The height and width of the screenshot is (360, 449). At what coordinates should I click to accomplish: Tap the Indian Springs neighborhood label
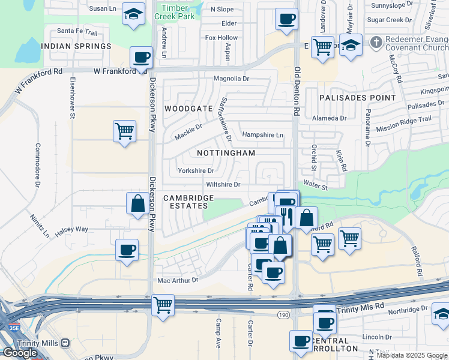[x=76, y=46]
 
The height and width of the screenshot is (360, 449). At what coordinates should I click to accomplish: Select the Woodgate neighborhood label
[x=188, y=109]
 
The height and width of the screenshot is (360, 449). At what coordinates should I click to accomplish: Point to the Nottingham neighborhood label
[x=226, y=153]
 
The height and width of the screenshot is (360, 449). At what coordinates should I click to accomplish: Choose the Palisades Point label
[x=357, y=97]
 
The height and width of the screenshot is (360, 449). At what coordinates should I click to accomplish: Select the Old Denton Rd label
[x=297, y=91]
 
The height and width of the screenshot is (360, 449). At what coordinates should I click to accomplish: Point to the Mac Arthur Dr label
[x=177, y=280]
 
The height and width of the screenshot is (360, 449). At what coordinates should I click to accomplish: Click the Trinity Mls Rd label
[x=360, y=310]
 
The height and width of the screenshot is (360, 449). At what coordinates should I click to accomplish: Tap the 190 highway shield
[x=284, y=315]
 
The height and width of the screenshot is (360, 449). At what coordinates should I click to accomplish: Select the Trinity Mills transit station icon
[x=65, y=343]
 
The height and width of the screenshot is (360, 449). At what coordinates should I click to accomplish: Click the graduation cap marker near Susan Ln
[x=133, y=13]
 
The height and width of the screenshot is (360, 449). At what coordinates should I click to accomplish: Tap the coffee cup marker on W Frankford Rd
[x=142, y=58]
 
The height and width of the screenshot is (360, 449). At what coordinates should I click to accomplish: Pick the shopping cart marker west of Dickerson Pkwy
[x=124, y=130]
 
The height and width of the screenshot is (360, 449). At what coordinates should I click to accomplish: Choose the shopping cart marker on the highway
[x=163, y=304]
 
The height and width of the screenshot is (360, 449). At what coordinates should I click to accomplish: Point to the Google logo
[x=20, y=353]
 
